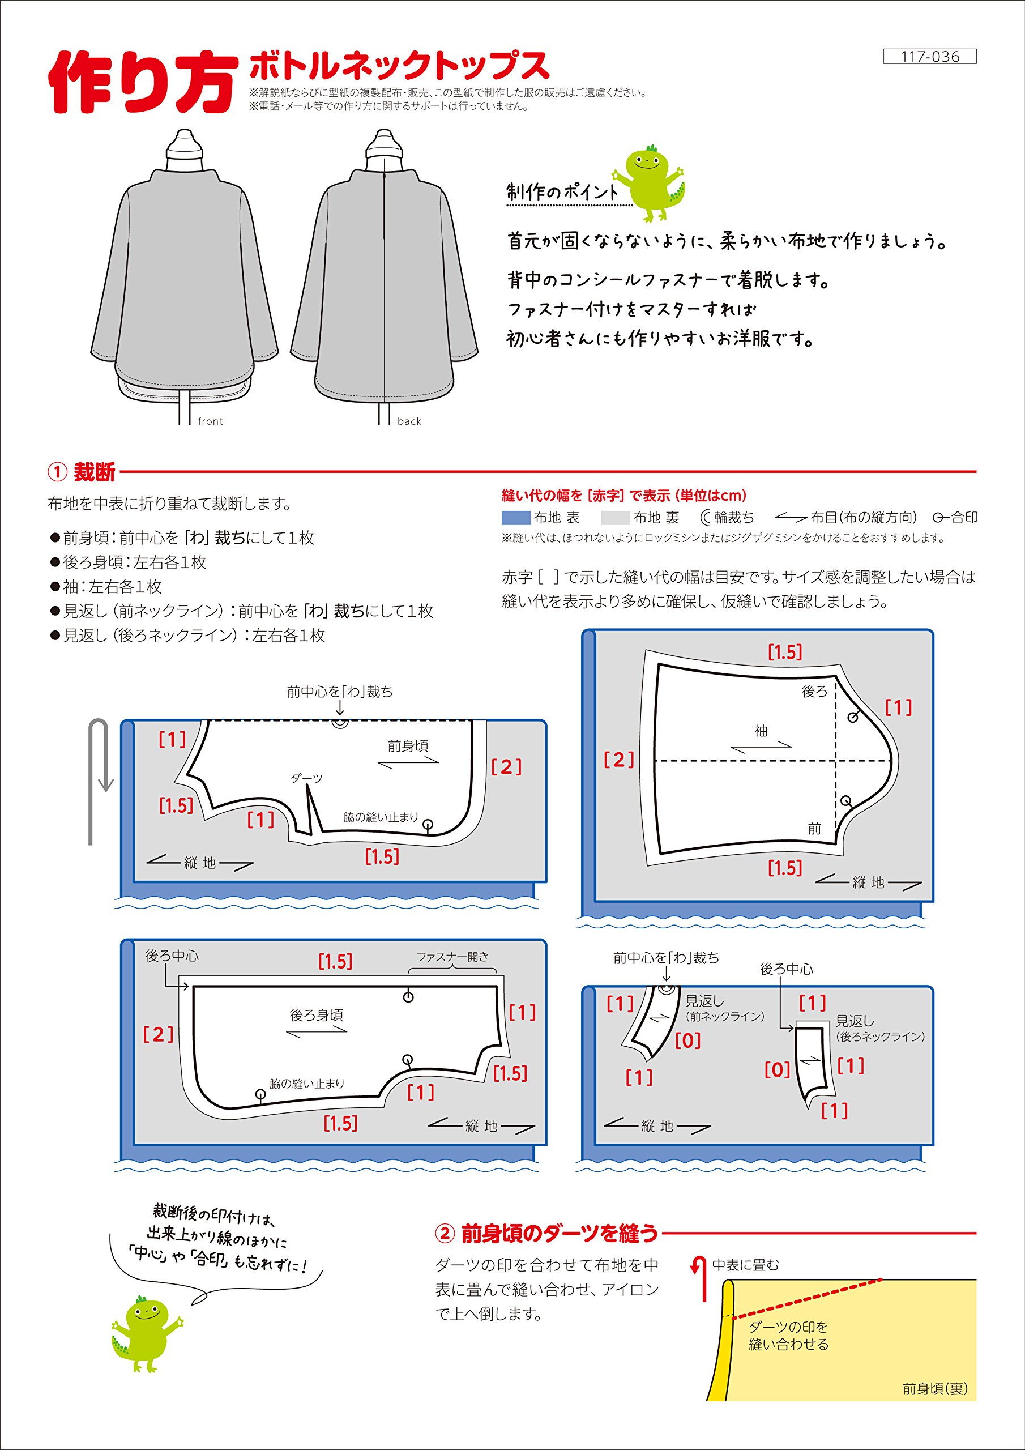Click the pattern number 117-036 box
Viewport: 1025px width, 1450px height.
point(930,57)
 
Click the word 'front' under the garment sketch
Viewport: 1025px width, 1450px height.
point(210,421)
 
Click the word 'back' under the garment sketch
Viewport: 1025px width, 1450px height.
point(409,421)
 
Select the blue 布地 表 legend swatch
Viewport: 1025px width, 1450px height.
point(515,518)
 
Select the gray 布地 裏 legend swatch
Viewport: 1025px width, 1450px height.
point(615,518)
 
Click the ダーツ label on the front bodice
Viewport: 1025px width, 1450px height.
point(306,779)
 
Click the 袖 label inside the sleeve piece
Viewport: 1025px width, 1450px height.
point(761,731)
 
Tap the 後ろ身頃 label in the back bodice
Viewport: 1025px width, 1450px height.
point(316,1016)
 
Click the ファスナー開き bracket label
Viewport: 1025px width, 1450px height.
point(452,957)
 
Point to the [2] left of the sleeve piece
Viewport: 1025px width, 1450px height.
point(618,760)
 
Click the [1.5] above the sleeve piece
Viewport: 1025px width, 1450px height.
point(784,652)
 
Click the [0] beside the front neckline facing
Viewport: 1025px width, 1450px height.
point(687,1040)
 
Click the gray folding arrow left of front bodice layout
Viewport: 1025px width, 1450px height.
point(99,780)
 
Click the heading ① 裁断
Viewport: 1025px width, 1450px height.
point(82,472)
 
